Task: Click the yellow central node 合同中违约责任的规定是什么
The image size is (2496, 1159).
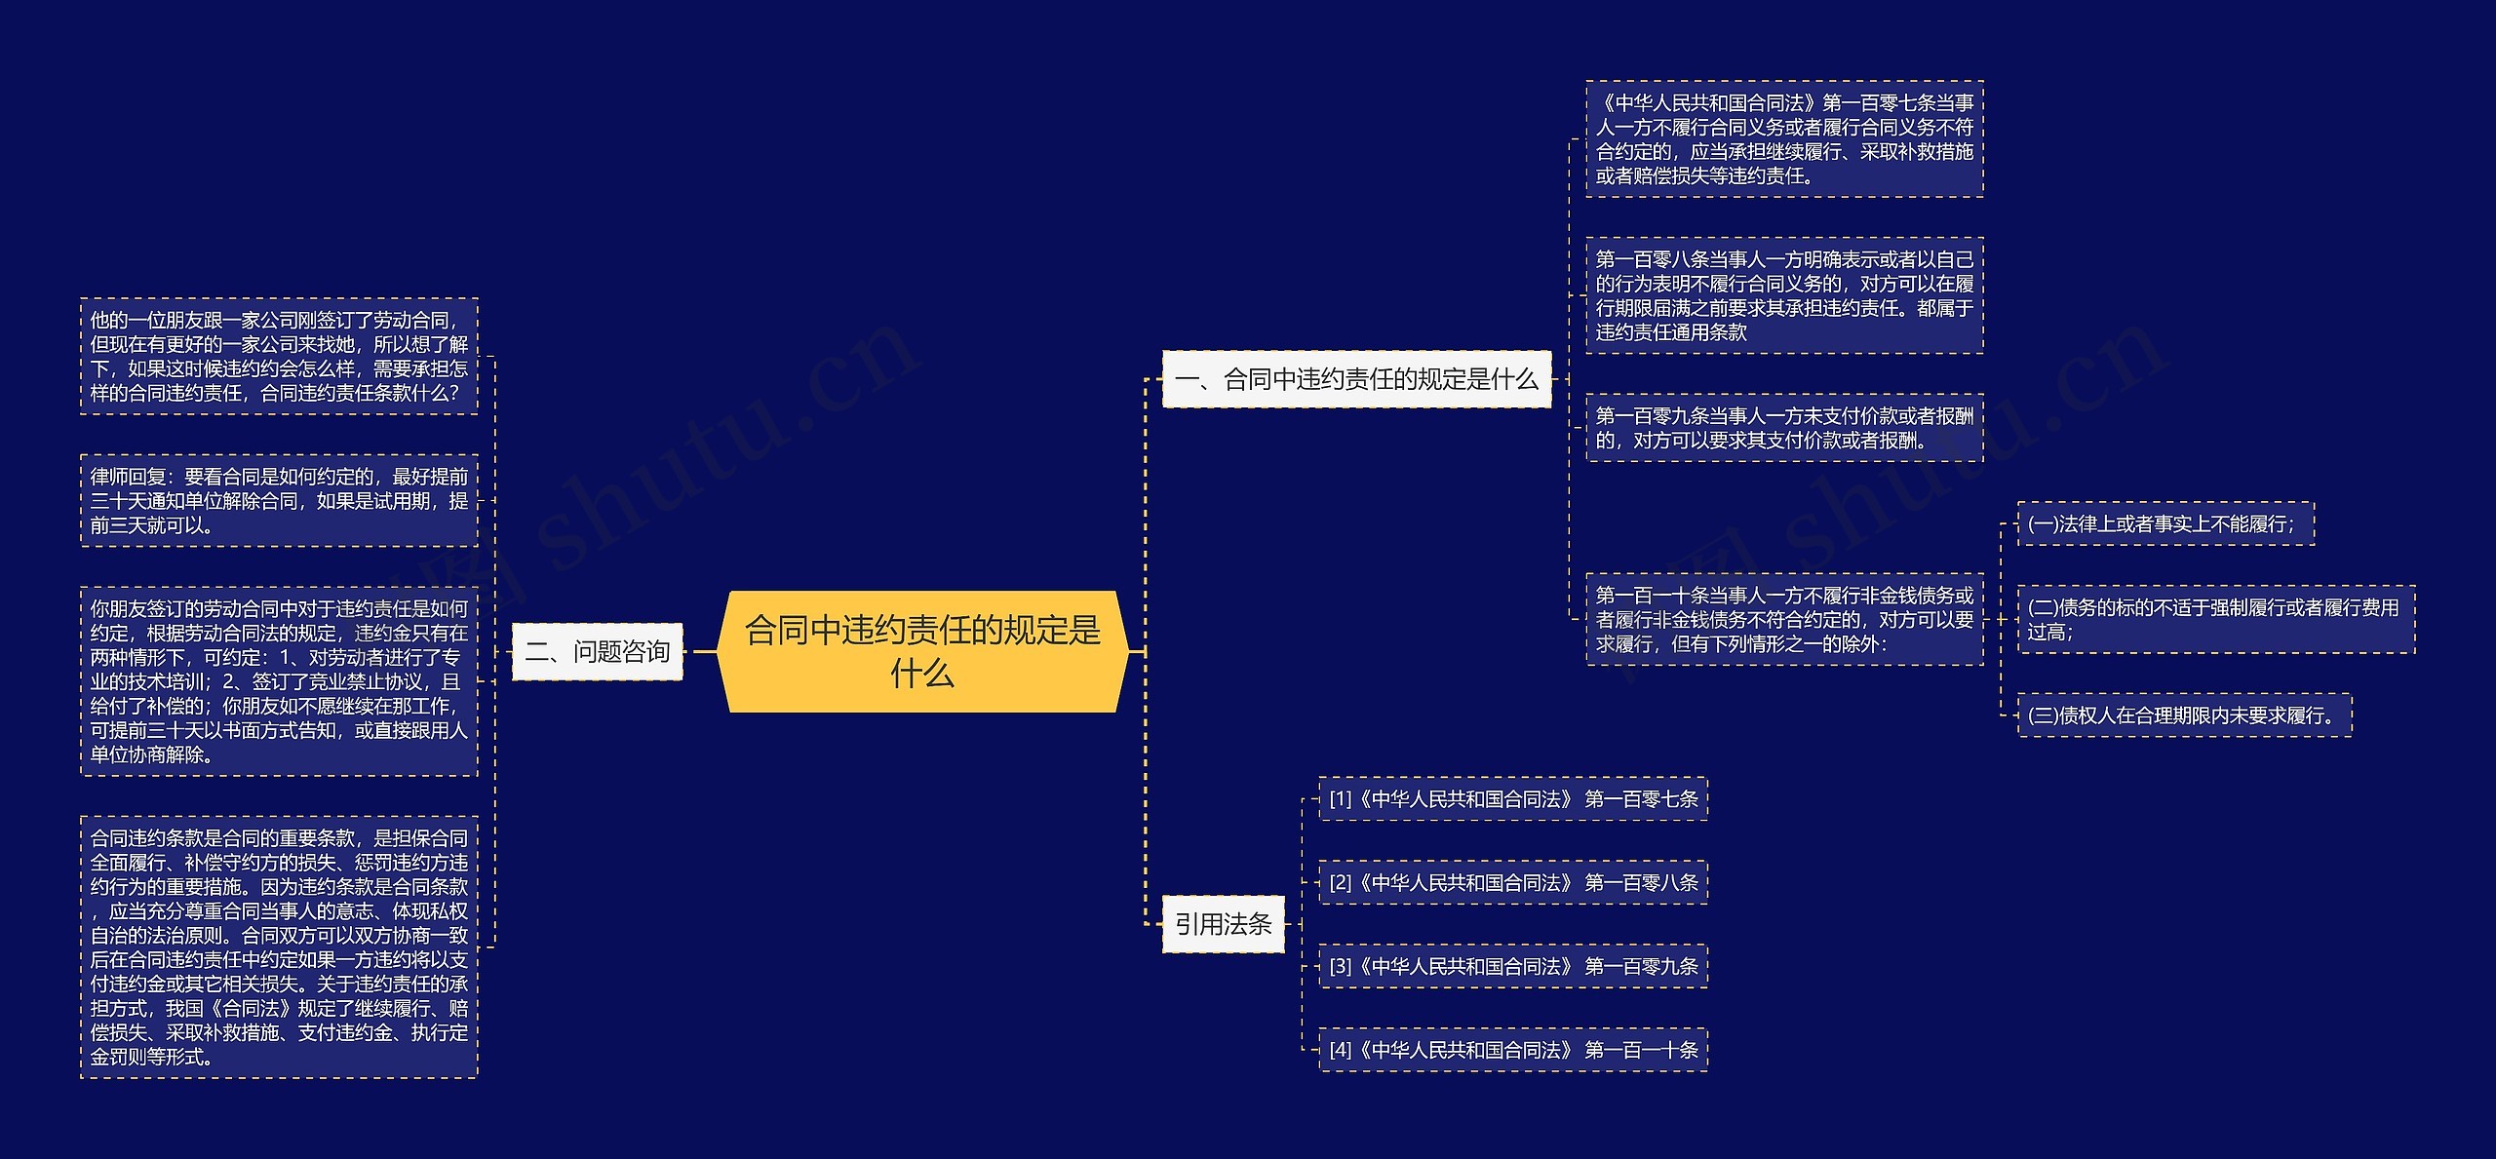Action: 922,651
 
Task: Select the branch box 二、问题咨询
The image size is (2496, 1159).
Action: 597,651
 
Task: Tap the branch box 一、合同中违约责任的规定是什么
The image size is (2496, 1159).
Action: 1356,379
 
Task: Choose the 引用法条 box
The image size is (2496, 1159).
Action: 1223,924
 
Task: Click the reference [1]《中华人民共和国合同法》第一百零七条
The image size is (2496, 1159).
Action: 1512,799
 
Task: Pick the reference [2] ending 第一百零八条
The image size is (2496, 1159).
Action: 1512,883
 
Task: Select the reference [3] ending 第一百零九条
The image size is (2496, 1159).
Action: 1512,967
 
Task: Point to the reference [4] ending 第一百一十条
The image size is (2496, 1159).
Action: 1512,1050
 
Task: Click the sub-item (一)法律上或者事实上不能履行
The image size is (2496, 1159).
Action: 2164,524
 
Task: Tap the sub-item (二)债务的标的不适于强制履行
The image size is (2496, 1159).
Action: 2215,619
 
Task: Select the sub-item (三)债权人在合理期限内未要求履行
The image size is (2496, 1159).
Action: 2184,715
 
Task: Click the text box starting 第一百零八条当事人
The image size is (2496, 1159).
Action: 1784,295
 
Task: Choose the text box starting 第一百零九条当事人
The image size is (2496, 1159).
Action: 1784,428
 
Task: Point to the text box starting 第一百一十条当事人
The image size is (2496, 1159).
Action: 1784,619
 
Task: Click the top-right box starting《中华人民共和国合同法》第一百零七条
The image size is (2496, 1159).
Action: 1784,139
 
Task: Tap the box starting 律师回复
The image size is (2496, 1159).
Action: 279,501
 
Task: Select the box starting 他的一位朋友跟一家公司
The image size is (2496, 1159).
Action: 279,357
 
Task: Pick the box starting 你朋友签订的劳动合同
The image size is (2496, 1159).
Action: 279,681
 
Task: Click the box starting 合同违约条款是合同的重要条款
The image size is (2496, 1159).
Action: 279,947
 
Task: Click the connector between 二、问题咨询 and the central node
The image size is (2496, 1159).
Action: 701,651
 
